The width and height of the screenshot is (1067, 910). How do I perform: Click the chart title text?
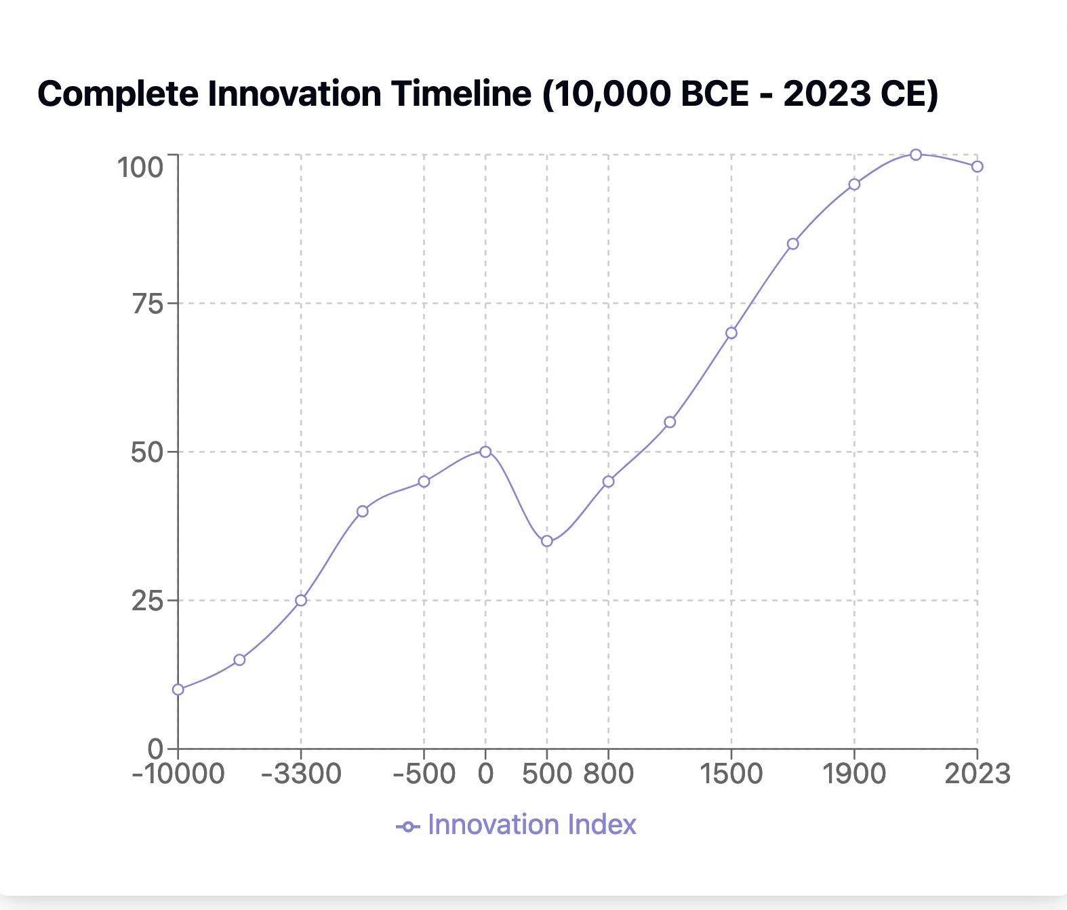(x=487, y=94)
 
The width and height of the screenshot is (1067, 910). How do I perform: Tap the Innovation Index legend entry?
(x=517, y=825)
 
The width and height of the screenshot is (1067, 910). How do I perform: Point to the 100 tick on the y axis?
(x=140, y=167)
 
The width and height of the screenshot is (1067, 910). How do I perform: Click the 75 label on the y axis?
(x=148, y=304)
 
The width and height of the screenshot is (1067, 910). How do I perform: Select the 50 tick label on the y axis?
(x=148, y=452)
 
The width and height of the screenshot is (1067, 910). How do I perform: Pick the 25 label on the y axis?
(x=148, y=601)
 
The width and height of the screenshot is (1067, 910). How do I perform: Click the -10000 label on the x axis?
(x=178, y=774)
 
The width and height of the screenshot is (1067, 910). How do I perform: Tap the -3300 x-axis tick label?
(x=301, y=774)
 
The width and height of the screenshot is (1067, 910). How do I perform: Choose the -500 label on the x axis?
(x=424, y=774)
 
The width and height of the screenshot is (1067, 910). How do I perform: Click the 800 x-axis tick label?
(x=609, y=774)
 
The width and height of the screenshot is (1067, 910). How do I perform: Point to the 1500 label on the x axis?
(x=731, y=774)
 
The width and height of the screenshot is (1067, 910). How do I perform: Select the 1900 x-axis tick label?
(x=854, y=774)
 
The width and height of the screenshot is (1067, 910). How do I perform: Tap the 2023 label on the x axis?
(x=977, y=774)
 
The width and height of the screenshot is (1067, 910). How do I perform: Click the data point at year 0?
(x=485, y=452)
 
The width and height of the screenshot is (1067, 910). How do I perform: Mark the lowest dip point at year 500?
(x=547, y=541)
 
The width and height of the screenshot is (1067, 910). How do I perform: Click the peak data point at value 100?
(x=916, y=155)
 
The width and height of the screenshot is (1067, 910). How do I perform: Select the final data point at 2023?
(x=977, y=167)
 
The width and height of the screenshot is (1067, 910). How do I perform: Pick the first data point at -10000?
(x=178, y=690)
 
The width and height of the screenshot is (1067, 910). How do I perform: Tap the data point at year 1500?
(x=731, y=333)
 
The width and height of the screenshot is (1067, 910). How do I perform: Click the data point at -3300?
(x=301, y=600)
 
